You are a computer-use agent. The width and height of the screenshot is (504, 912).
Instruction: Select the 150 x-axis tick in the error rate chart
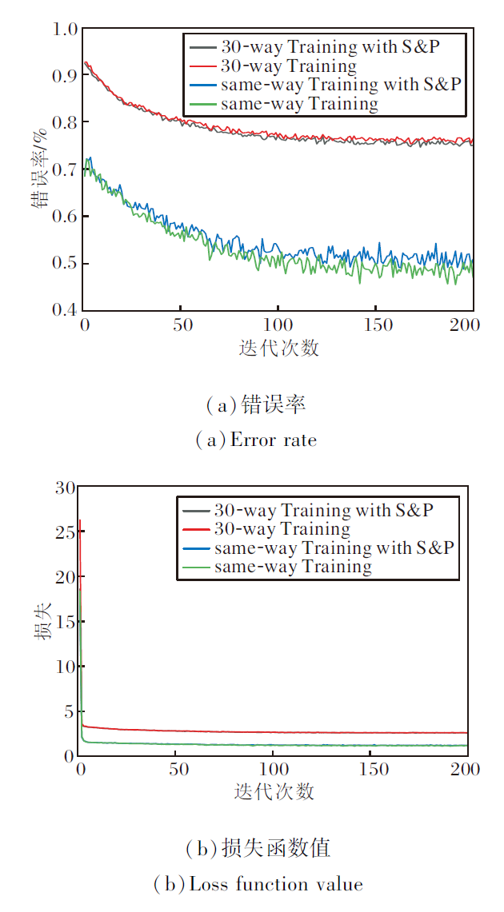click(x=376, y=325)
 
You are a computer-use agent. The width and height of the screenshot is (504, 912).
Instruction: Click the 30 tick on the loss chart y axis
click(x=64, y=487)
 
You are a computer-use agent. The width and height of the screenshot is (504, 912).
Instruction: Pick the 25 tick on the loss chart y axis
click(x=64, y=532)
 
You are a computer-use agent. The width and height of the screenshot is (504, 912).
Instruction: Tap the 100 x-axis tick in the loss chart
click(x=273, y=769)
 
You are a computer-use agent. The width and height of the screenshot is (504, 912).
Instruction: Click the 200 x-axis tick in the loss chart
click(x=466, y=769)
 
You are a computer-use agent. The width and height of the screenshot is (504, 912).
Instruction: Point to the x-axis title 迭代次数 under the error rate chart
click(x=278, y=348)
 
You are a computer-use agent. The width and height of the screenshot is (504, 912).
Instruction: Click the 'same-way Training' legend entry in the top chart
click(x=300, y=104)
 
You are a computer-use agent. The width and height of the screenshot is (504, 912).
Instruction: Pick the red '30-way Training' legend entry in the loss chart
click(x=282, y=529)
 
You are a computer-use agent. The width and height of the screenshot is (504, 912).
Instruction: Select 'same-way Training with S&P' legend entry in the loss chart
click(x=334, y=548)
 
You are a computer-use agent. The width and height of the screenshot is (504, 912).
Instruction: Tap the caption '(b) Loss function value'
click(x=258, y=884)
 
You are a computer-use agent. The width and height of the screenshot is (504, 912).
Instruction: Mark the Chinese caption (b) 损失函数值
click(x=258, y=847)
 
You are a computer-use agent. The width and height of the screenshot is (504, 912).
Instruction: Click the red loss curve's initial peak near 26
click(x=79, y=521)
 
